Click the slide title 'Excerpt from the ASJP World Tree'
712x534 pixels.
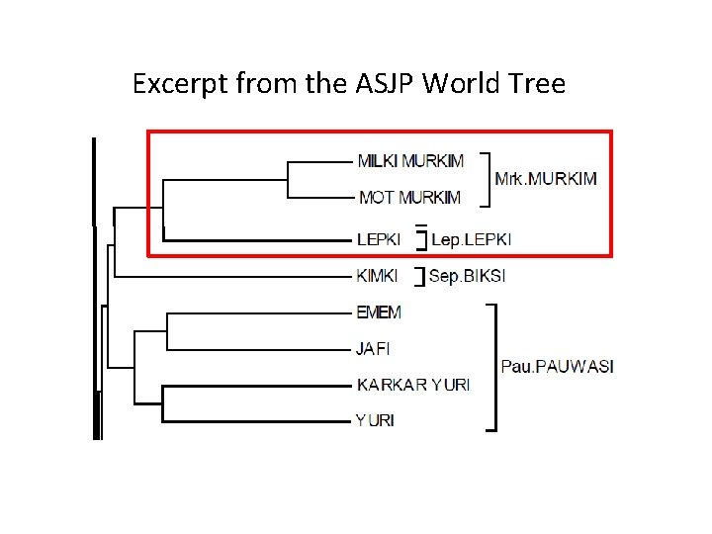349,83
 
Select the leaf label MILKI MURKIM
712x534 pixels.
408,160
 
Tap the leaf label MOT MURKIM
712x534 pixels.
408,197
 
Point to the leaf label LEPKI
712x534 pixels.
378,239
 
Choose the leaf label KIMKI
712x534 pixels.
377,276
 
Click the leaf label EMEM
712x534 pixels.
379,312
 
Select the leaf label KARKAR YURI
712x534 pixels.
412,384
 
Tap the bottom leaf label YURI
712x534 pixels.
375,420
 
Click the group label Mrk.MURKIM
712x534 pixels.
545,179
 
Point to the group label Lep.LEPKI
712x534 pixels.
471,239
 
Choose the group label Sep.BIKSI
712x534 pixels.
467,276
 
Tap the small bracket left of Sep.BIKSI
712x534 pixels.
423,276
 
